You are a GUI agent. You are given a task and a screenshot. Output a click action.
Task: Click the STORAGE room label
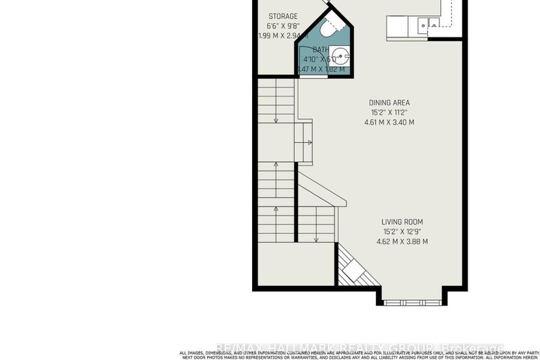pos(283,16)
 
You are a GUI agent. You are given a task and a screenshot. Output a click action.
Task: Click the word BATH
pos(320,49)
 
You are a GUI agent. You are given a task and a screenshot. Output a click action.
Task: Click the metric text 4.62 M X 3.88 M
pos(401,242)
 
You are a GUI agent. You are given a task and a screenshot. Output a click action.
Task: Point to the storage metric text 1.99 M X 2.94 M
pos(276,35)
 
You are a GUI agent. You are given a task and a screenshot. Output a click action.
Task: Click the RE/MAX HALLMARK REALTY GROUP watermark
pos(359,347)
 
